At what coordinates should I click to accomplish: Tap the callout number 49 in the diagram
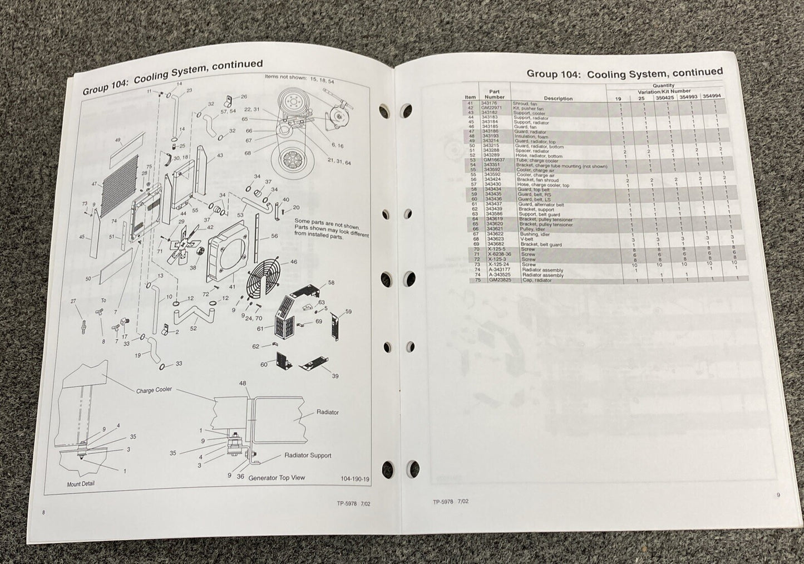pos(117,140)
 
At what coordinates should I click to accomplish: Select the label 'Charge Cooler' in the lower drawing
pos(154,390)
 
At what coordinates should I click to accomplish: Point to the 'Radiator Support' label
pos(308,455)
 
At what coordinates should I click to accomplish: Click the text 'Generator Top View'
pos(277,478)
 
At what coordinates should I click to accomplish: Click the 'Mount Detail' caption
pos(81,484)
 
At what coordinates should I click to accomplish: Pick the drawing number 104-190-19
pos(355,478)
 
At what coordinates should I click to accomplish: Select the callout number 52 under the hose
pos(193,328)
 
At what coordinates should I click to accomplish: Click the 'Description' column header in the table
pos(558,99)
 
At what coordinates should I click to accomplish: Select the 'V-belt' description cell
pos(527,240)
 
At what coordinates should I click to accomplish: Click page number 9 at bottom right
pos(778,494)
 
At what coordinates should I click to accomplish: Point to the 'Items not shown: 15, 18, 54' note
pos(292,77)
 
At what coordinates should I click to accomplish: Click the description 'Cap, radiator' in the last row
pos(536,281)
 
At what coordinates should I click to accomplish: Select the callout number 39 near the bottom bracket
pos(335,376)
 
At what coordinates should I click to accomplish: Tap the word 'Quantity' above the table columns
pos(663,86)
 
